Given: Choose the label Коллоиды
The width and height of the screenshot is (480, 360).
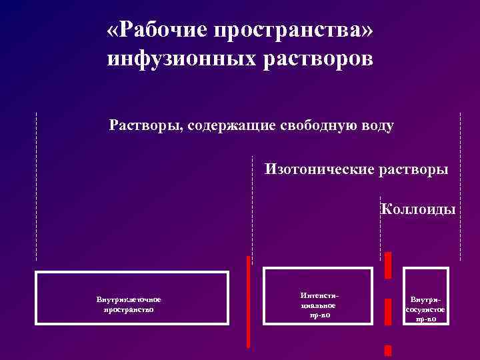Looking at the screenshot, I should click(418, 209).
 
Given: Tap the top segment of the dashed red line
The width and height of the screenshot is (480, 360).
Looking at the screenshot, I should click(387, 265).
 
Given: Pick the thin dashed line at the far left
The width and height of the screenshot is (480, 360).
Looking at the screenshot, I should click(36, 187).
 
